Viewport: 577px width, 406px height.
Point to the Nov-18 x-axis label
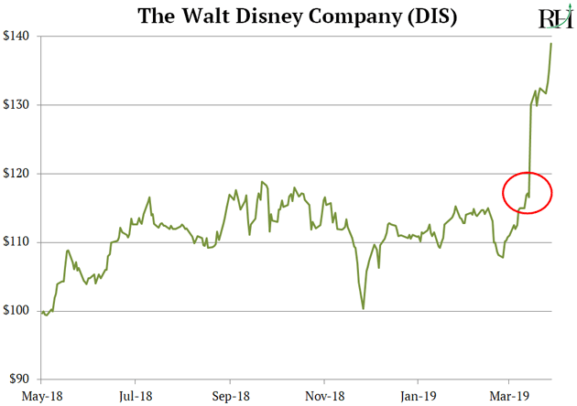pyautogui.click(x=323, y=395)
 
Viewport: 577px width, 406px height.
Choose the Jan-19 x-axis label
pyautogui.click(x=418, y=395)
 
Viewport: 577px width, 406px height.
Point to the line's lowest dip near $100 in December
pyautogui.click(x=364, y=308)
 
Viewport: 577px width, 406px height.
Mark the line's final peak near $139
pyautogui.click(x=551, y=43)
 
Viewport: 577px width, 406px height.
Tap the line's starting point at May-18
pyautogui.click(x=42, y=312)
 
